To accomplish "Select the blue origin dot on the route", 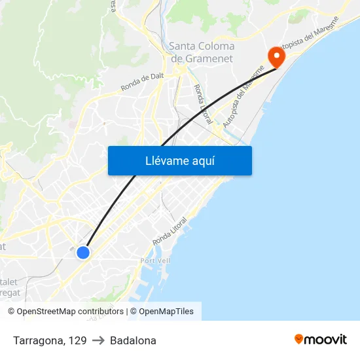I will click(83, 252).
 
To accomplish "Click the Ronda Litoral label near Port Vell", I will click(170, 232).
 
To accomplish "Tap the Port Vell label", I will click(156, 261).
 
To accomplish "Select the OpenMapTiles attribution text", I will click(166, 312).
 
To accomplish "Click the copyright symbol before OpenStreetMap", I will click(11, 312).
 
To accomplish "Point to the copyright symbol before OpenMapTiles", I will click(133, 312).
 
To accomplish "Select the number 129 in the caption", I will click(78, 340).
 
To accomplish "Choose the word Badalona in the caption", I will click(133, 340).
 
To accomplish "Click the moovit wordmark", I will click(326, 340).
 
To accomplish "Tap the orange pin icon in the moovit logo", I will click(299, 339).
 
